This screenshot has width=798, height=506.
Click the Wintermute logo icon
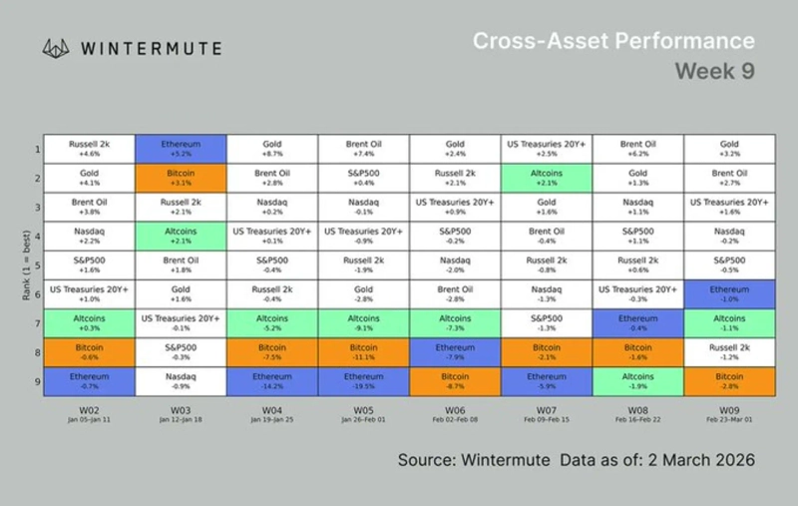(x=55, y=47)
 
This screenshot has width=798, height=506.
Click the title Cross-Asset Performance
(x=612, y=41)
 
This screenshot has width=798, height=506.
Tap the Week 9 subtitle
(x=714, y=72)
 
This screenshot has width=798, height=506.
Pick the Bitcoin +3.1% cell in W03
(x=182, y=179)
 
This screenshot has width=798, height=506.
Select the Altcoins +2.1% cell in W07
(x=546, y=179)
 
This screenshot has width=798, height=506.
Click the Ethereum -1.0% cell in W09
(x=729, y=295)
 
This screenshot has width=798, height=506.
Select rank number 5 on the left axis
(x=35, y=266)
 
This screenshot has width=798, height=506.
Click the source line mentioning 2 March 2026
(x=576, y=459)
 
